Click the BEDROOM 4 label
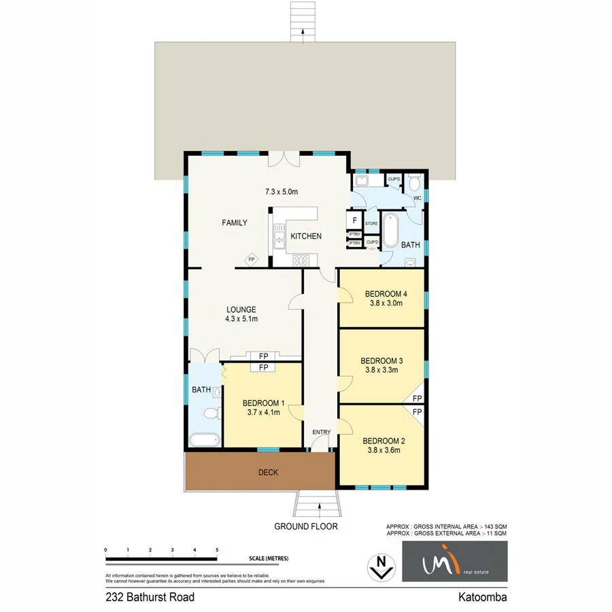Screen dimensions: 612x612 pyautogui.click(x=386, y=294)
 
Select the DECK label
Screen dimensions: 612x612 pyautogui.click(x=268, y=473)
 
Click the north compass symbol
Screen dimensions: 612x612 pyautogui.click(x=381, y=566)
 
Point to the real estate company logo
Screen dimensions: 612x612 pyautogui.click(x=454, y=562)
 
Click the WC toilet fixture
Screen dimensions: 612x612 pyautogui.click(x=414, y=184)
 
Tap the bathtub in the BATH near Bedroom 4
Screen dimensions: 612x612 pyautogui.click(x=390, y=232)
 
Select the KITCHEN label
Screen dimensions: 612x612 pyautogui.click(x=306, y=236)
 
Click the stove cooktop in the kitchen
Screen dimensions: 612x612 pyautogui.click(x=301, y=259)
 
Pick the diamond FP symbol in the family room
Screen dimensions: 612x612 pyautogui.click(x=251, y=259)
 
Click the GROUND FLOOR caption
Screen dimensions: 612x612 pyautogui.click(x=306, y=526)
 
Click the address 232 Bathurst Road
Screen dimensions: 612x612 pyautogui.click(x=150, y=598)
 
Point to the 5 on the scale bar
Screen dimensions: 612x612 pyautogui.click(x=217, y=549)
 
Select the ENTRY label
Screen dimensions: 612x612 pyautogui.click(x=321, y=432)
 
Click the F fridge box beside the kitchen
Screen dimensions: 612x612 pyautogui.click(x=354, y=220)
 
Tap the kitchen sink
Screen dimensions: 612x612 pyautogui.click(x=279, y=238)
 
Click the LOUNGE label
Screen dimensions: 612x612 pyautogui.click(x=241, y=309)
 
